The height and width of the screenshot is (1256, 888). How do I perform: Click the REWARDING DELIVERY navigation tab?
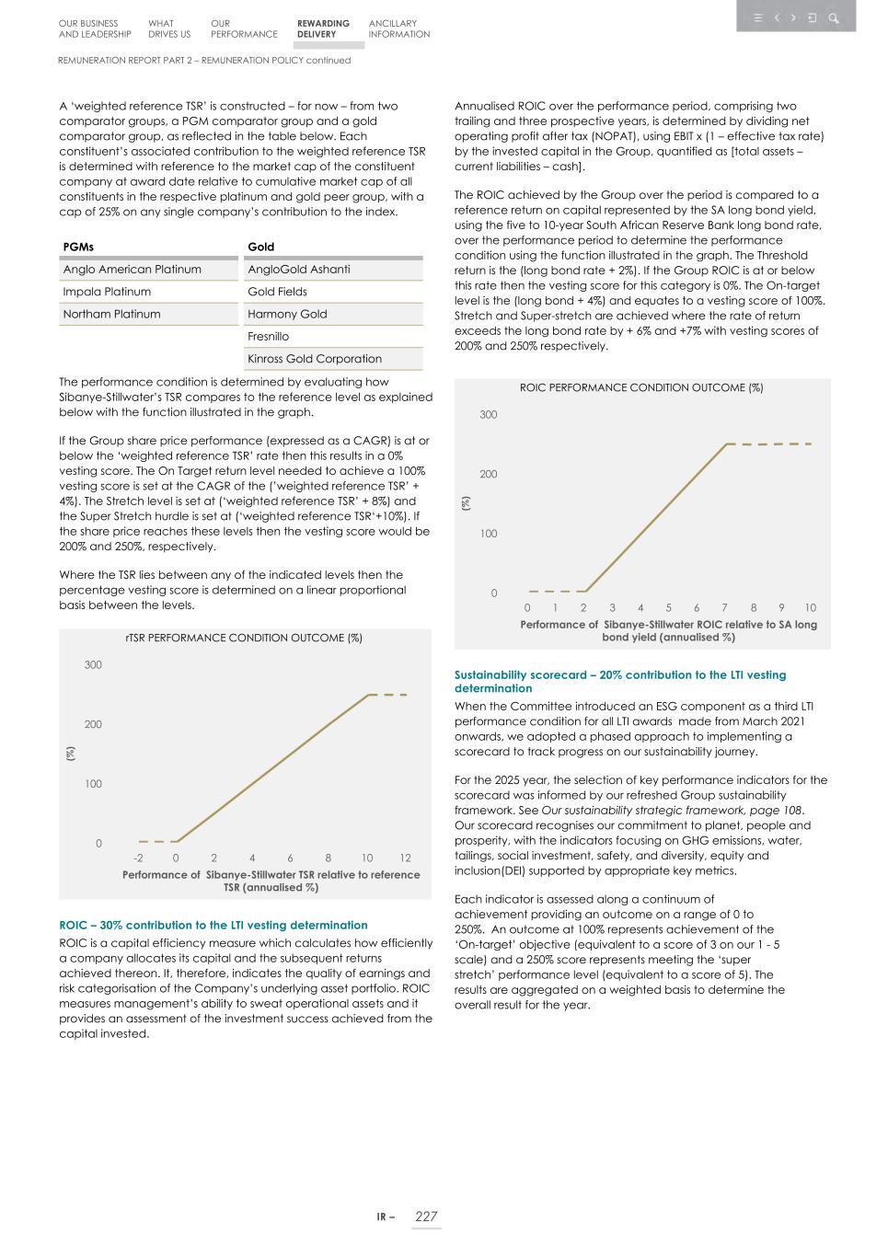click(323, 29)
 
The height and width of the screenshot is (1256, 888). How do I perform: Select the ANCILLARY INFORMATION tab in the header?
click(398, 29)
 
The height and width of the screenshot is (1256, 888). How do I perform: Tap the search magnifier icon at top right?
click(833, 17)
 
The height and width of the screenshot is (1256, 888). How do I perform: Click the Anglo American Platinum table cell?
click(132, 270)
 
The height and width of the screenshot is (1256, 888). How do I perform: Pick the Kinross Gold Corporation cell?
click(314, 359)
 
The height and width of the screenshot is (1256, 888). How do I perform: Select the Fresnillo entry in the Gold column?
click(268, 337)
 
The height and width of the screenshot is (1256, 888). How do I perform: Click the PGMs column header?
click(78, 247)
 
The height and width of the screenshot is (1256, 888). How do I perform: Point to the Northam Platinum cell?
click(111, 314)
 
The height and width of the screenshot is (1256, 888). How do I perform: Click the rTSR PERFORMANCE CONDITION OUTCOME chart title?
click(244, 638)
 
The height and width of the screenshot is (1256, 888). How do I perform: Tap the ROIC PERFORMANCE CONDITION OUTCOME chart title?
click(641, 387)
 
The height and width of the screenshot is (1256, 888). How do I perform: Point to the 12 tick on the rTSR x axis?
click(405, 858)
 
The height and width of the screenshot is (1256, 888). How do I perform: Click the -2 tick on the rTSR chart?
click(138, 858)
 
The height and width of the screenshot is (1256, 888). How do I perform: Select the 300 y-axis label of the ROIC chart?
click(488, 415)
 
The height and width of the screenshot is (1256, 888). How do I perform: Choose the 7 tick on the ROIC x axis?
click(725, 607)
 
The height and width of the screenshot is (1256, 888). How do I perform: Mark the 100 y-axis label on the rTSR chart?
click(93, 784)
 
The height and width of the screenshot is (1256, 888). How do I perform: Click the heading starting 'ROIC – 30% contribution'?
click(213, 925)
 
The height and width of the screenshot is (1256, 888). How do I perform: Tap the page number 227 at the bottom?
click(426, 1216)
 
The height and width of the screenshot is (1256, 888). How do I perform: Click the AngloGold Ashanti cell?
click(298, 270)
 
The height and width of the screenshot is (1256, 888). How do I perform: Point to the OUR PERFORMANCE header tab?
click(243, 29)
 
